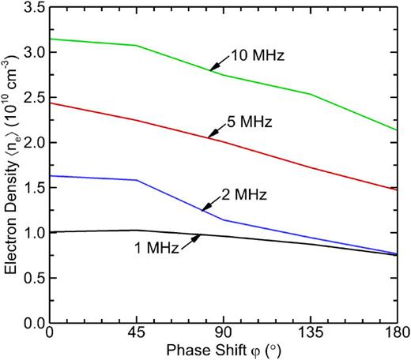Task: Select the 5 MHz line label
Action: (247, 122)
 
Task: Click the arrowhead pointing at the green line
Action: (213, 70)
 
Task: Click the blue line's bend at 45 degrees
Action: (138, 180)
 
